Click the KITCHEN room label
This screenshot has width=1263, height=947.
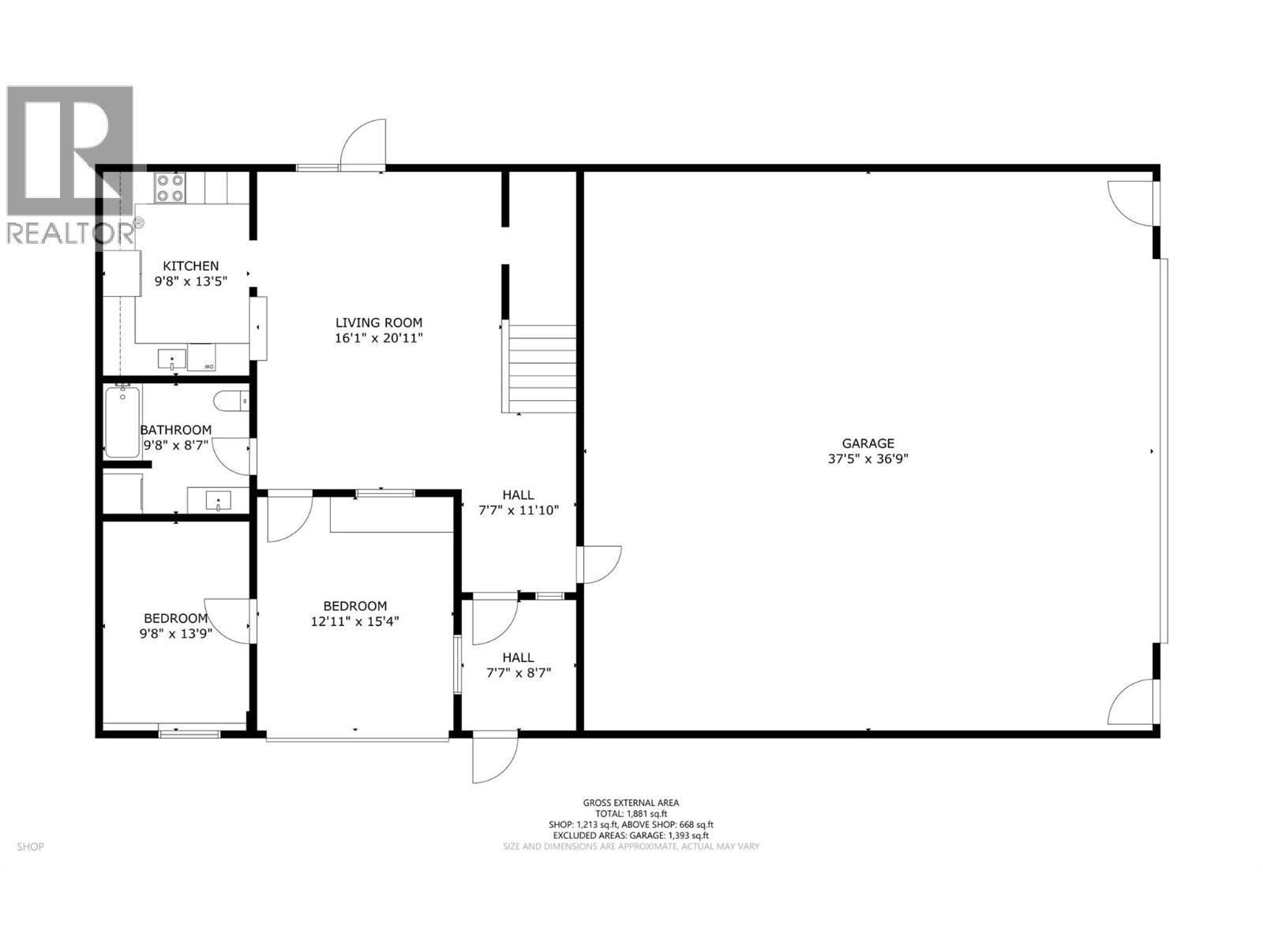point(190,266)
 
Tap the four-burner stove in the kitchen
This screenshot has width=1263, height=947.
point(170,188)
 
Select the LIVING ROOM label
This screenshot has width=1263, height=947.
point(379,322)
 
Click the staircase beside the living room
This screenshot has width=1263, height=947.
point(542,369)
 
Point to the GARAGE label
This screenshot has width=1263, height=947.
point(868,444)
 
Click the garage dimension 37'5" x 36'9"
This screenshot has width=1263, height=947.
point(868,459)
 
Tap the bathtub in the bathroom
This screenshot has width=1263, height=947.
point(122,422)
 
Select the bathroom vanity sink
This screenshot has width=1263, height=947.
point(217,500)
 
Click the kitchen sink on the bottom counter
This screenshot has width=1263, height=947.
point(171,360)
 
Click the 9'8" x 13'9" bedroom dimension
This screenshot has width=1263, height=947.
point(175,633)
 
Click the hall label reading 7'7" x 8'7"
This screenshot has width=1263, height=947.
point(518,672)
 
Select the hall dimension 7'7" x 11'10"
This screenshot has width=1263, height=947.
point(518,511)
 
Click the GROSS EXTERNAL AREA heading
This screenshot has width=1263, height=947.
point(631,803)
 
